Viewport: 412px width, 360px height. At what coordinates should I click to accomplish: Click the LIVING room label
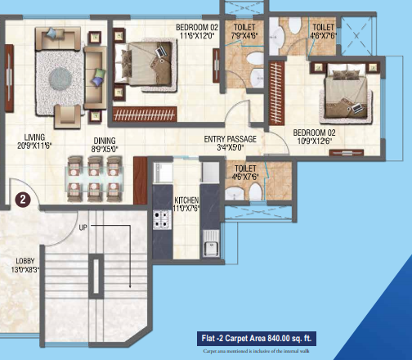point(34,137)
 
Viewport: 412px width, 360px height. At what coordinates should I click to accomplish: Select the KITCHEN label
point(186,200)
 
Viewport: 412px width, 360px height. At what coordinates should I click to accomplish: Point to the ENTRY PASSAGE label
point(230,140)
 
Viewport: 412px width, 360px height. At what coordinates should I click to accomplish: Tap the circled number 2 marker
point(25,197)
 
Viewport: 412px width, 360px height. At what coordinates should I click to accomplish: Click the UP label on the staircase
point(83,227)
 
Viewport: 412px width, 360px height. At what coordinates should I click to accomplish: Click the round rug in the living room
point(62,78)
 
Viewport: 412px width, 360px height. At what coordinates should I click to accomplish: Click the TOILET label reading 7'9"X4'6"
point(242,35)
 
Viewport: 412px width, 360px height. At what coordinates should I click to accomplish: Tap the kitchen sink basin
point(211,244)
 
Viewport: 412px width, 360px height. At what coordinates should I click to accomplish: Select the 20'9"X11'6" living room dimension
point(34,146)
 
